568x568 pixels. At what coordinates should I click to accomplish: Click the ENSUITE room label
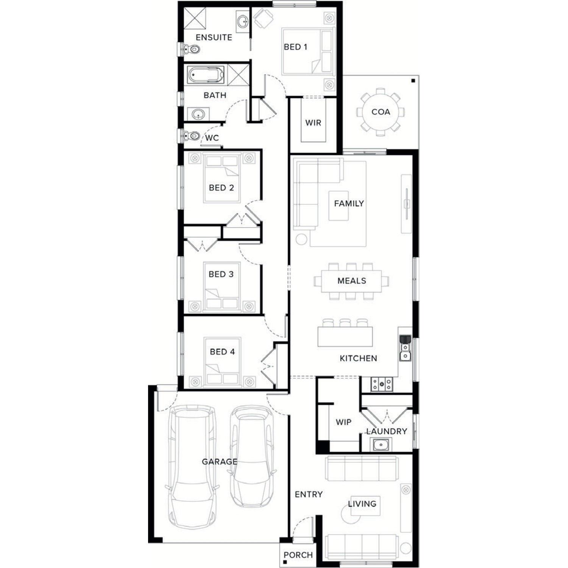point(214,37)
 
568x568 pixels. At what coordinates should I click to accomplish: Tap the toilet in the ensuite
point(192,49)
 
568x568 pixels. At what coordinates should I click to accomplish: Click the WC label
point(212,138)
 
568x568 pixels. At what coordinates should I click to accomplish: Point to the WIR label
point(313,123)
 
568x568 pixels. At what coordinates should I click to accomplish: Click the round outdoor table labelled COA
point(380,112)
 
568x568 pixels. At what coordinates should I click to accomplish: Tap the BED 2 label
point(222,187)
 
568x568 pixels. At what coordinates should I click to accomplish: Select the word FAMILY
point(349,203)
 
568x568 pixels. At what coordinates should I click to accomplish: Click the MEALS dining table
point(351,281)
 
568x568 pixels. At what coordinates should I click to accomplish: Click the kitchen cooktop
point(382,384)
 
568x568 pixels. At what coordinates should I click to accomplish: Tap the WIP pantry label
point(343,422)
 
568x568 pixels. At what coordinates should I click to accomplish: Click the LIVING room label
point(362,504)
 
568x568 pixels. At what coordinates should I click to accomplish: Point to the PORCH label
point(298,555)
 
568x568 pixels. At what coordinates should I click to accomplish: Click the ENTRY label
point(309,494)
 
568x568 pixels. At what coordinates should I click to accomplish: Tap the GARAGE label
point(220,462)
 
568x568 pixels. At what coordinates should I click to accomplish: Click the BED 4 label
point(222,352)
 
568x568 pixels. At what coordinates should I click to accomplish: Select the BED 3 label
point(221,274)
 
